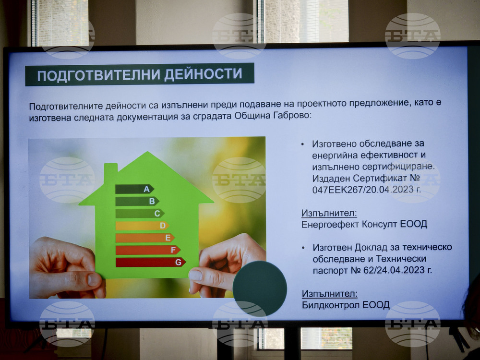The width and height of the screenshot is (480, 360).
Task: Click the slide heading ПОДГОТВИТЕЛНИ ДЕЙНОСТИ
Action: coord(140,75)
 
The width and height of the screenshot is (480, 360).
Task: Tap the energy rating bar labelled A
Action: coord(134,189)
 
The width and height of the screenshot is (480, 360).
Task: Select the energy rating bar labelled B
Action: coord(137,201)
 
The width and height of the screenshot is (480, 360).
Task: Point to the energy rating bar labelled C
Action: coord(139,213)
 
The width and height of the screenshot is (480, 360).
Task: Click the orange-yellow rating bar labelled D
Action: coord(142,225)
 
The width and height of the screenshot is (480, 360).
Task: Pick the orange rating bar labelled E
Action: coord(144,238)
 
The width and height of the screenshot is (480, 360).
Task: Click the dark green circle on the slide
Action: coord(260,288)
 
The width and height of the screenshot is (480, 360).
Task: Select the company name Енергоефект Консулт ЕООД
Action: coord(364,224)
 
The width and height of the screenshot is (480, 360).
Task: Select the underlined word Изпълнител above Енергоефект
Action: coord(329,213)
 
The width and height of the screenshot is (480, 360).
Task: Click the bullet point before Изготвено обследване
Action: coord(302,144)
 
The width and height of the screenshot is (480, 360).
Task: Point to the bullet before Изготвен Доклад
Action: coord(302,247)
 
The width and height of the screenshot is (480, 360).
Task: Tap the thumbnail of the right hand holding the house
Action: coord(196,275)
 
